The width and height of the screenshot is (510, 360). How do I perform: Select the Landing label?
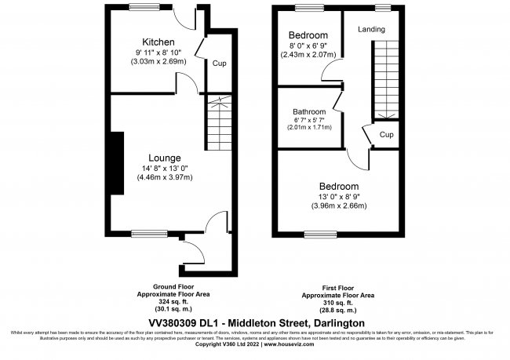tap(371, 30)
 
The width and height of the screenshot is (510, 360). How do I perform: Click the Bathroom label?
tap(309, 111)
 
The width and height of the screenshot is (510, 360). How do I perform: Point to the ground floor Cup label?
tap(219, 64)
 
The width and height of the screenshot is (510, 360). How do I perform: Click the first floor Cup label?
tap(386, 134)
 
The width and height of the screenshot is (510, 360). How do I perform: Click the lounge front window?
tap(144, 232)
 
